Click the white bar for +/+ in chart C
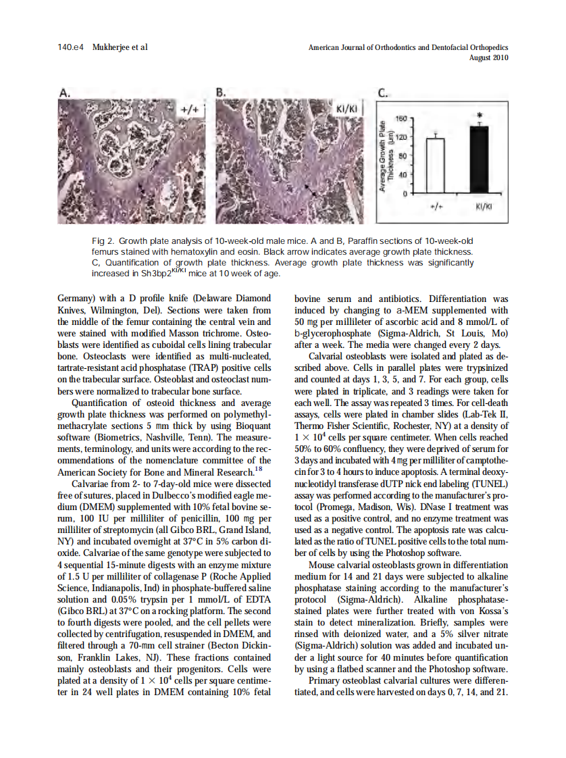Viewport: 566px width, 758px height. [435, 166]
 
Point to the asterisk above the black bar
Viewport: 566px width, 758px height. [478, 116]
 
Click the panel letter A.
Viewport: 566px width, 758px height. [63, 93]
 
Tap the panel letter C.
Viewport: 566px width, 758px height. [382, 93]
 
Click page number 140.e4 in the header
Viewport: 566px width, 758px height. [71, 47]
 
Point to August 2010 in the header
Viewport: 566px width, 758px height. [488, 57]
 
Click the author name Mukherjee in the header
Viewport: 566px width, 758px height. [110, 47]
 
